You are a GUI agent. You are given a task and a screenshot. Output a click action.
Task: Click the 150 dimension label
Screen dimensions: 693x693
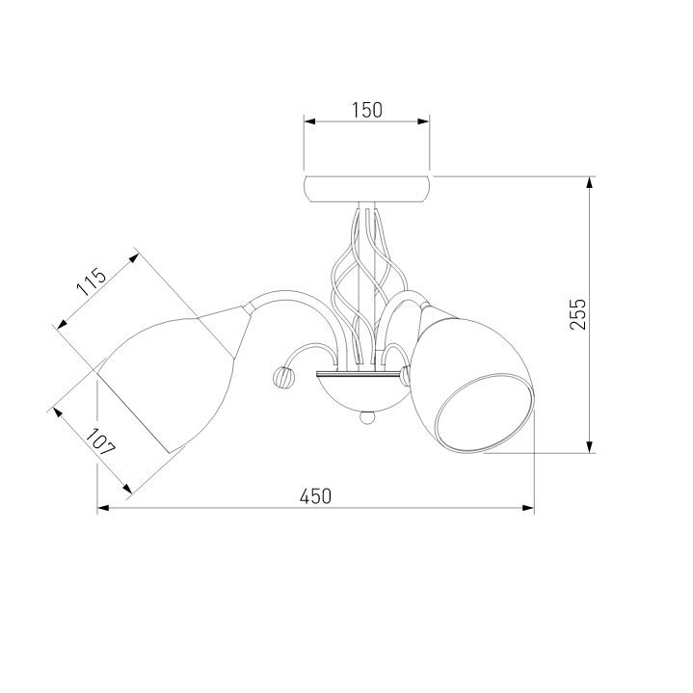point(367,110)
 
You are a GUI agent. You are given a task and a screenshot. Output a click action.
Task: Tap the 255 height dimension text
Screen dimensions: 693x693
point(577,314)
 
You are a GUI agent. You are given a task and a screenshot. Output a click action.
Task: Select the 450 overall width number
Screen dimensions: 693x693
point(315,496)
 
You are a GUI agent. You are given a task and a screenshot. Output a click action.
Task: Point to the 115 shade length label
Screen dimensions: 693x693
point(92,282)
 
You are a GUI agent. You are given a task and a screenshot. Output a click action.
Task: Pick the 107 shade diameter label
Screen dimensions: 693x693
point(101,442)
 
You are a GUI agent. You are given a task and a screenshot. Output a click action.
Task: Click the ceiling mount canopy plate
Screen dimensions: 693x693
point(367,189)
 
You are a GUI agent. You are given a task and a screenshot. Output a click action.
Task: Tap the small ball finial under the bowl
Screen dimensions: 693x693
point(366,417)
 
